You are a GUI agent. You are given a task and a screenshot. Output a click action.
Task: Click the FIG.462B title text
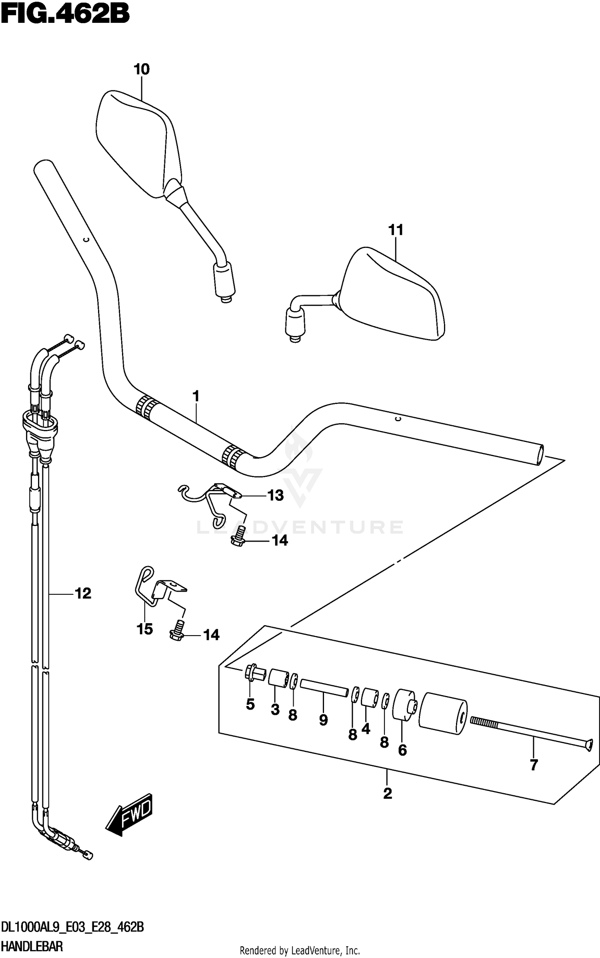click(x=65, y=15)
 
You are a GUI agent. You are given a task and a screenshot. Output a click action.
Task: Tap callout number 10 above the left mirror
click(x=142, y=70)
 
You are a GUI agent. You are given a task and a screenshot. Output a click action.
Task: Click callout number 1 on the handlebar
click(x=196, y=396)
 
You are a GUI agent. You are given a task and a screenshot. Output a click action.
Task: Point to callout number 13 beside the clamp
click(x=275, y=496)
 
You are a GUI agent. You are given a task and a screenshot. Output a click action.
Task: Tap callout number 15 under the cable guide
click(x=145, y=629)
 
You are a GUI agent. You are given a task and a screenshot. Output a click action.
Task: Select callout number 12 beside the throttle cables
click(x=83, y=593)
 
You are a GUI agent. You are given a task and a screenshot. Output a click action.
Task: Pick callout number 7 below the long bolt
click(x=534, y=765)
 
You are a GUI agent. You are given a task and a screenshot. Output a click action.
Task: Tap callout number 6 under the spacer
click(x=402, y=750)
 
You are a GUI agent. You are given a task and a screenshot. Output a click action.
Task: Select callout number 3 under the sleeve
click(x=275, y=710)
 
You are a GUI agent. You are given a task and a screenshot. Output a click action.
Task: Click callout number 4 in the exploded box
click(x=366, y=729)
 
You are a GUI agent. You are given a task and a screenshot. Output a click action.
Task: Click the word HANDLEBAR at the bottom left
click(x=32, y=946)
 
